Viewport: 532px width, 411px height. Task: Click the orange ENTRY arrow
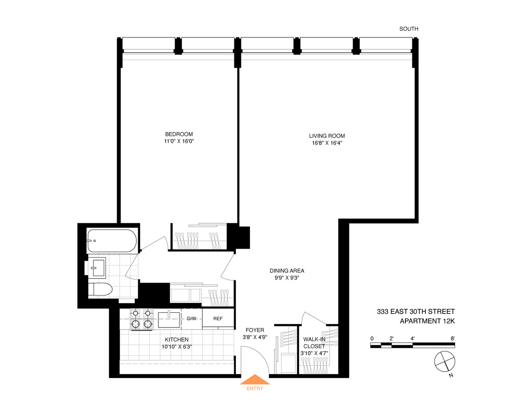[x=255, y=379]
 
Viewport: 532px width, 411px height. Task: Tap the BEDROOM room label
[x=179, y=134]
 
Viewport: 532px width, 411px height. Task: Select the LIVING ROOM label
[x=327, y=136]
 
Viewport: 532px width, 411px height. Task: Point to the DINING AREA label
[x=287, y=270]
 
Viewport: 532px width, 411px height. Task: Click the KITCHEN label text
[x=177, y=339]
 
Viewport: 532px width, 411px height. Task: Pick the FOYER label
[x=255, y=330]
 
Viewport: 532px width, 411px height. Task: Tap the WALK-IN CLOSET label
[x=314, y=342]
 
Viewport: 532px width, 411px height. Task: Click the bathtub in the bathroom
[x=112, y=241]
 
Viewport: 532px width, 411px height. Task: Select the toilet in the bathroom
[x=100, y=289]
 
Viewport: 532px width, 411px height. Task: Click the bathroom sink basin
[x=97, y=267]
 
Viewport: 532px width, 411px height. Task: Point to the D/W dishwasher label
[x=192, y=319]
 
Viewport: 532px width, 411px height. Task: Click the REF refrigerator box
[x=218, y=319]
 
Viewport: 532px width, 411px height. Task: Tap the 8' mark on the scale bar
[x=452, y=339]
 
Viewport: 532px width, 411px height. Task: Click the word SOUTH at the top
[x=409, y=29]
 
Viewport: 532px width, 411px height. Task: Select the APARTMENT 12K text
[x=427, y=321]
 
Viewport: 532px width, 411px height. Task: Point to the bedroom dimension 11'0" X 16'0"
[x=179, y=141]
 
